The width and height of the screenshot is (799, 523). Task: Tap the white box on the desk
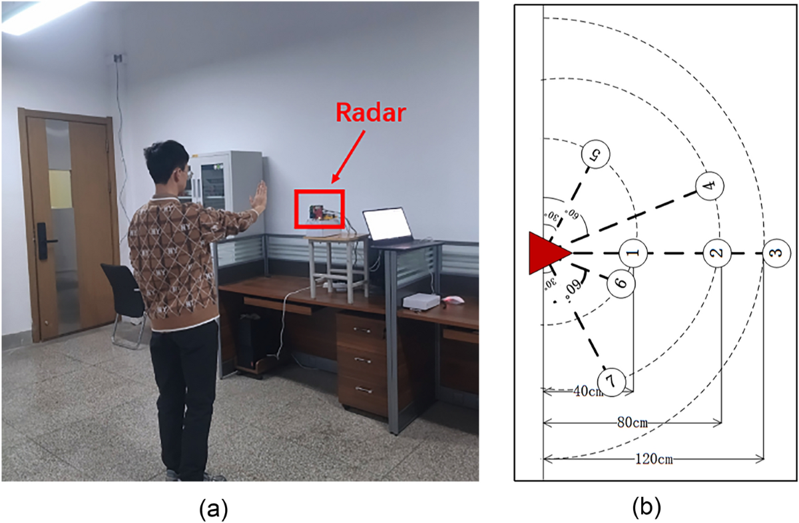[421, 301]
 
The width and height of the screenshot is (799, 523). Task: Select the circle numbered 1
[633, 253]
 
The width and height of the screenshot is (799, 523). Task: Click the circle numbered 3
[776, 254]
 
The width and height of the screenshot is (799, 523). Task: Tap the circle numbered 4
[708, 185]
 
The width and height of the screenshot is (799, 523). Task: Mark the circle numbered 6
[621, 283]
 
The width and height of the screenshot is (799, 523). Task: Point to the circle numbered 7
[611, 382]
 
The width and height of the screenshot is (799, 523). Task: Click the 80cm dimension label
[631, 422]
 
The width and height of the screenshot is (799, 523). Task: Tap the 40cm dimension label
[587, 391]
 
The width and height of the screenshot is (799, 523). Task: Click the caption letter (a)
[214, 510]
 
